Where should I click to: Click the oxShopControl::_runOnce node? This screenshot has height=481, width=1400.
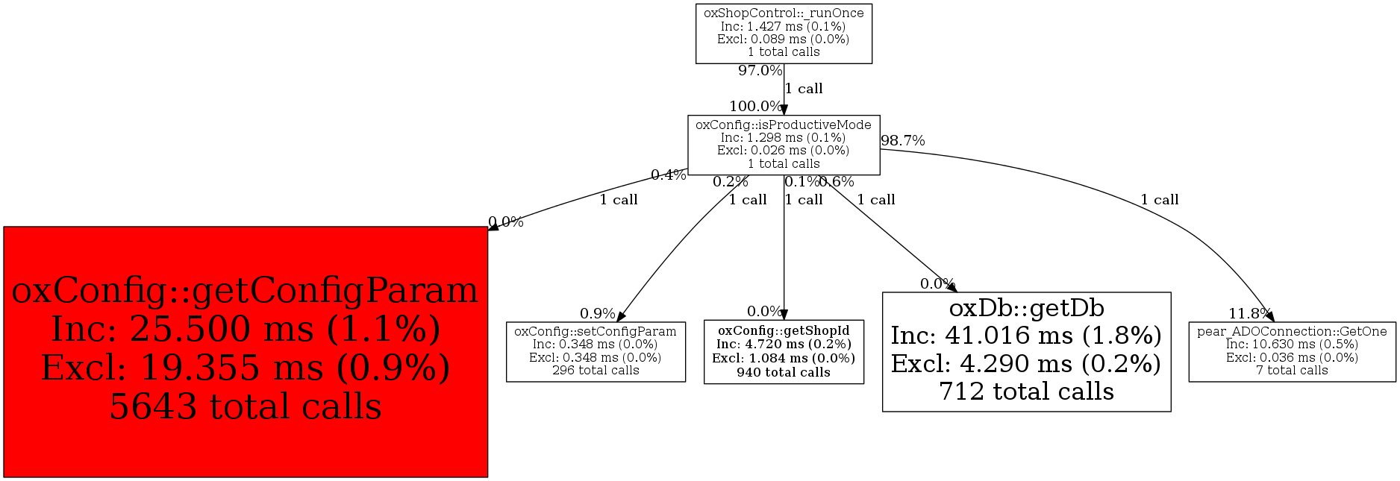coord(784,34)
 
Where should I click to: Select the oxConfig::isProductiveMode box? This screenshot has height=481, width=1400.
coord(784,145)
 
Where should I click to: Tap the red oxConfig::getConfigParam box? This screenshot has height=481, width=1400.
coord(246,351)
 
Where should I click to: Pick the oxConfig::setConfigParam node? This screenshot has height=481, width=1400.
coord(596,351)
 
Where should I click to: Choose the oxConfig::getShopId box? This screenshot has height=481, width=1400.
coord(784,352)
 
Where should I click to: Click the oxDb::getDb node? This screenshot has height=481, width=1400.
coord(1026,351)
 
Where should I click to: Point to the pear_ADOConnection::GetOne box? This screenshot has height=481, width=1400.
coord(1292,351)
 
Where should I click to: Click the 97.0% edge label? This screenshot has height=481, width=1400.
coord(760,71)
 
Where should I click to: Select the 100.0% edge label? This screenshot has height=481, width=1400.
coord(755,107)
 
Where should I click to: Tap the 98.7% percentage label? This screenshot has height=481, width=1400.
coord(903,141)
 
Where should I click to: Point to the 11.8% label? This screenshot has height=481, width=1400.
coord(1249,314)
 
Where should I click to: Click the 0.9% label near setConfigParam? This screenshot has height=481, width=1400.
coord(597,314)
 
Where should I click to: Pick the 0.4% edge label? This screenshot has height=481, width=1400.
coord(668,175)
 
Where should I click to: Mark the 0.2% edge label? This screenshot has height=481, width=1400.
coord(730,182)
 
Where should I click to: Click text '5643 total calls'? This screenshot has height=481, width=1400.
coord(246,407)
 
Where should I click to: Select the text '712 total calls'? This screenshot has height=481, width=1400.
coord(1026,392)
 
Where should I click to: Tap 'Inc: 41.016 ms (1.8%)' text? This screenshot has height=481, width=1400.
coord(1026,336)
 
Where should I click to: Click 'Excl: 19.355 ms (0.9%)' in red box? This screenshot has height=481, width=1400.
coord(246,368)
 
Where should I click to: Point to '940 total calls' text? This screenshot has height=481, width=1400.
coord(784,373)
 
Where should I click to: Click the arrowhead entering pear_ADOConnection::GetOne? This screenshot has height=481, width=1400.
coord(1269,317)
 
